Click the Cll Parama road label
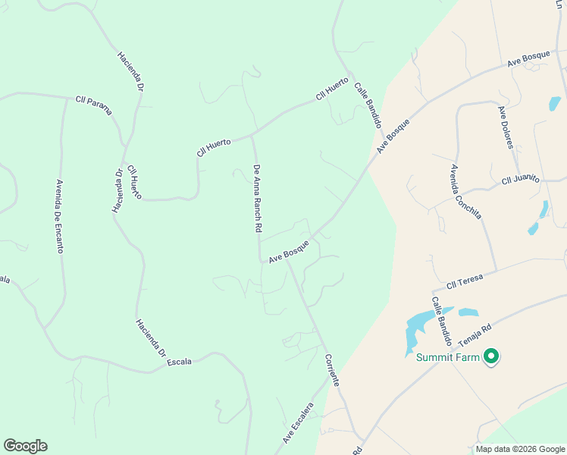click(93, 105)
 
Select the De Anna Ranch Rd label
click(258, 198)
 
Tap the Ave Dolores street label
click(506, 127)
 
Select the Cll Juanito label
click(520, 180)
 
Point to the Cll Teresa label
click(465, 283)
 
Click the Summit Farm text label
click(447, 358)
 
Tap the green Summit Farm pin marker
click(491, 356)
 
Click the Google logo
click(25, 446)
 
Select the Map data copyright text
click(520, 449)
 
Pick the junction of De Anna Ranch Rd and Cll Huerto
click(252, 137)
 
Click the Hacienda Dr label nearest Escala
click(151, 338)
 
